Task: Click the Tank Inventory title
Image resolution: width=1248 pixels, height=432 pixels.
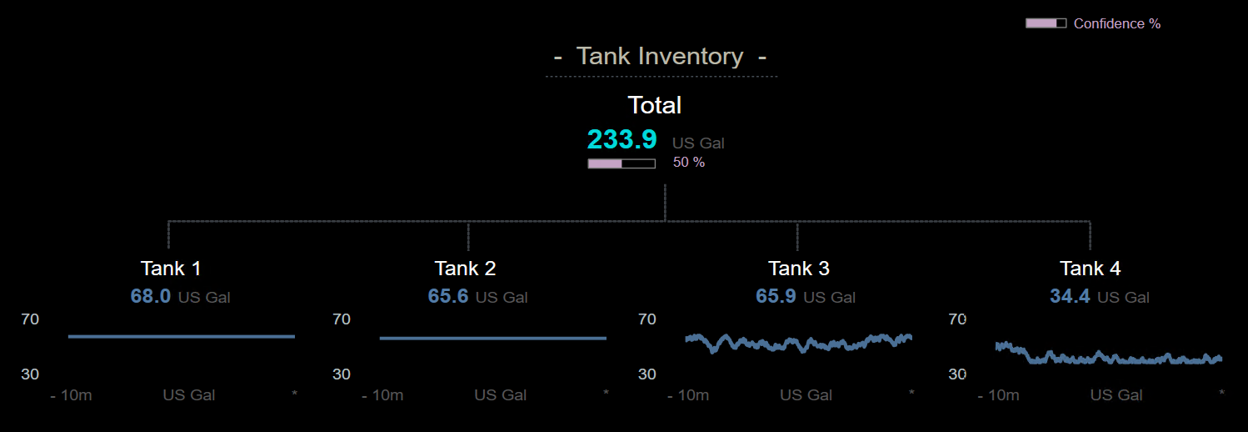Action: (x=660, y=57)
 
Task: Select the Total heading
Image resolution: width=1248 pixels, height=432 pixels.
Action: (x=654, y=105)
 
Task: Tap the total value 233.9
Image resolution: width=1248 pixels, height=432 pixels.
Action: (x=622, y=139)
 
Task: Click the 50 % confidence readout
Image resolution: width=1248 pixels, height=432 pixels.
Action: (x=689, y=163)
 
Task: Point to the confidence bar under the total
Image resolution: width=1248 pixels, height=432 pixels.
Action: (x=621, y=163)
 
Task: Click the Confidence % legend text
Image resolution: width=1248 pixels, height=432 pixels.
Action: (x=1116, y=23)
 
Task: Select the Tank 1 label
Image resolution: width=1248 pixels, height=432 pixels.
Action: (x=171, y=269)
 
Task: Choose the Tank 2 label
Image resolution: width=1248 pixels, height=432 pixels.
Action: (x=465, y=269)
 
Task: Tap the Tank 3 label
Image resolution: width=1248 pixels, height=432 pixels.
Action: (x=798, y=269)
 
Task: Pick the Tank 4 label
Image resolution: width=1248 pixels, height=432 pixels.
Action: (x=1090, y=269)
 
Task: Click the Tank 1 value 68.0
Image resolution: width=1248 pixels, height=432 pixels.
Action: (x=150, y=296)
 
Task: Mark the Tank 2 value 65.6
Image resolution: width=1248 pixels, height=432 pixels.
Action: (x=448, y=296)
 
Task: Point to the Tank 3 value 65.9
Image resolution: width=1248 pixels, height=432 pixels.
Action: (x=776, y=296)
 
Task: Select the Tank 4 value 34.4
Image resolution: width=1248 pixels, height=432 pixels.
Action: (x=1070, y=296)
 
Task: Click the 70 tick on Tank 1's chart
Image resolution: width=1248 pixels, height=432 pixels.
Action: (x=30, y=319)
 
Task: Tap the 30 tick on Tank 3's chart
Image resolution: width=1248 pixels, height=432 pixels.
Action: (x=647, y=374)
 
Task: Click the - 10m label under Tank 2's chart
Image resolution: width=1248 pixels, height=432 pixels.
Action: (x=382, y=395)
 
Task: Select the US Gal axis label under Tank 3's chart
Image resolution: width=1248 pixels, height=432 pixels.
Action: (x=806, y=395)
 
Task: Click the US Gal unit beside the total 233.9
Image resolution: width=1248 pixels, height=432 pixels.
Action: (x=698, y=143)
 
